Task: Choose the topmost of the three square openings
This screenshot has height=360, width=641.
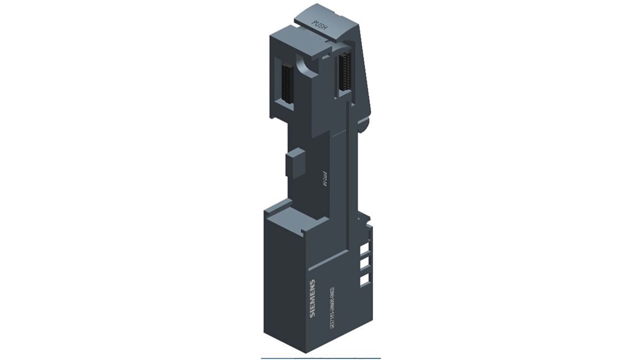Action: pyautogui.click(x=364, y=249)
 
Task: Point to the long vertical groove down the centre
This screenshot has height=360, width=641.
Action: pyautogui.click(x=347, y=180)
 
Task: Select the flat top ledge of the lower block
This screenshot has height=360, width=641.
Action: pyautogui.click(x=293, y=214)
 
